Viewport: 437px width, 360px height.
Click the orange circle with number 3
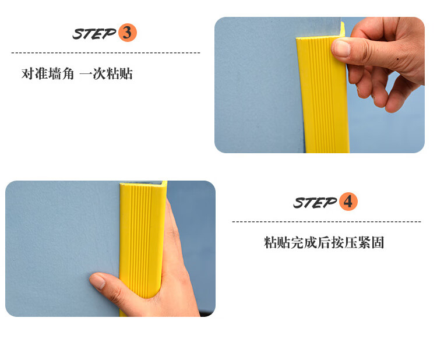point(128,33)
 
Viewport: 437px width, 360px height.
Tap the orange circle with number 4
point(348,202)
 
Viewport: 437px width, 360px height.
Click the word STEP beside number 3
point(94,34)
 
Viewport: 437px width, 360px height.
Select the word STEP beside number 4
point(315,203)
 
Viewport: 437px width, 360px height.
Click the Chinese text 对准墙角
point(48,74)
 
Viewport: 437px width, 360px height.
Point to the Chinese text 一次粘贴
point(106,74)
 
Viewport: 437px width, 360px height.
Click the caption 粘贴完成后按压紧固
point(324,242)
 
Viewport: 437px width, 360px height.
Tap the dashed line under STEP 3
point(105,52)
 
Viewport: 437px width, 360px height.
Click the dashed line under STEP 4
point(326,222)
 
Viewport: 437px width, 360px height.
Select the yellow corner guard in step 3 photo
point(323,92)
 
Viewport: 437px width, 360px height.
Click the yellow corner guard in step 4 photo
point(143,245)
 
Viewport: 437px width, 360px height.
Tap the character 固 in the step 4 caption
point(378,242)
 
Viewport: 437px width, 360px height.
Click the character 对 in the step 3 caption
point(28,74)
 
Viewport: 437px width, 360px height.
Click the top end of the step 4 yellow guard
point(143,183)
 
